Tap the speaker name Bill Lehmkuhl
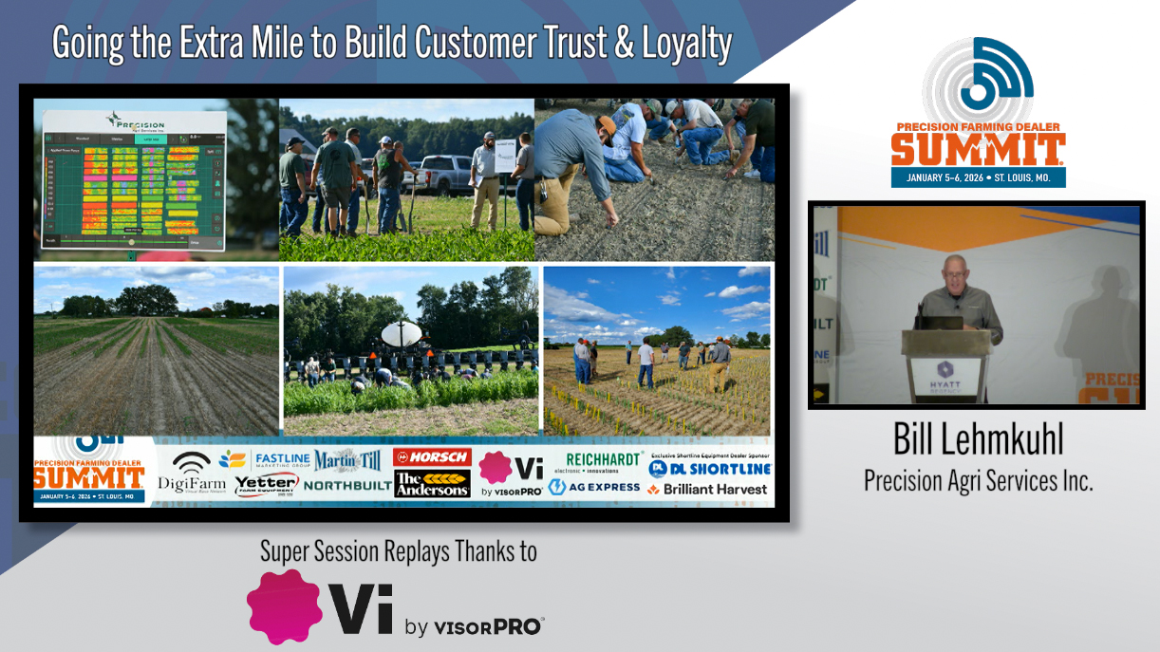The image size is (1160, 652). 978,439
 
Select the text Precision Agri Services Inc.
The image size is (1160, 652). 978,481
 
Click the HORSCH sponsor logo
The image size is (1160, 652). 432,456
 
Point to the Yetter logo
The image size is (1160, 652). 266,485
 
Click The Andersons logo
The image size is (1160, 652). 432,484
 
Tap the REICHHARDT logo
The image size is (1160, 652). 604,460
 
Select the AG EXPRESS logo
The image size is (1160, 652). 595,487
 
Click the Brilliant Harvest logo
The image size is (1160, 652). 707,489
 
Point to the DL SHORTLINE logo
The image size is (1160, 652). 710,469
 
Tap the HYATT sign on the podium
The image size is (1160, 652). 946,374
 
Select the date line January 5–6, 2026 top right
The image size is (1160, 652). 978,177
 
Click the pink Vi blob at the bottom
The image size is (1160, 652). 282,606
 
